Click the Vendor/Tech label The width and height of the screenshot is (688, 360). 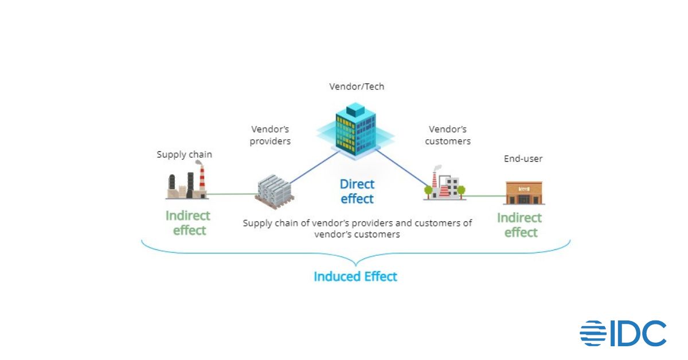point(357,87)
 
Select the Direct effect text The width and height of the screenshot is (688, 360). point(357,191)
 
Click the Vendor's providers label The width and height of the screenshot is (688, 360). point(271,135)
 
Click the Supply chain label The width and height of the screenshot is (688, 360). point(185,155)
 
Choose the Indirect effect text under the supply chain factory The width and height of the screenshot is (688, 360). point(188,223)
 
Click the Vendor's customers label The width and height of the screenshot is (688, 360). point(448,135)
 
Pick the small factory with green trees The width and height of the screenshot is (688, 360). point(444,184)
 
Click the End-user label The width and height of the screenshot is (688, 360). point(523,159)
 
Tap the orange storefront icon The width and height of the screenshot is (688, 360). point(523,193)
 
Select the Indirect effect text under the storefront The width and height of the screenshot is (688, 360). point(519,225)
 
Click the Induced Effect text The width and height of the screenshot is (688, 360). point(355,276)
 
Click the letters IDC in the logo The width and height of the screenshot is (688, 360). point(638,334)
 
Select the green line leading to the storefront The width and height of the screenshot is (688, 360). point(485,196)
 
